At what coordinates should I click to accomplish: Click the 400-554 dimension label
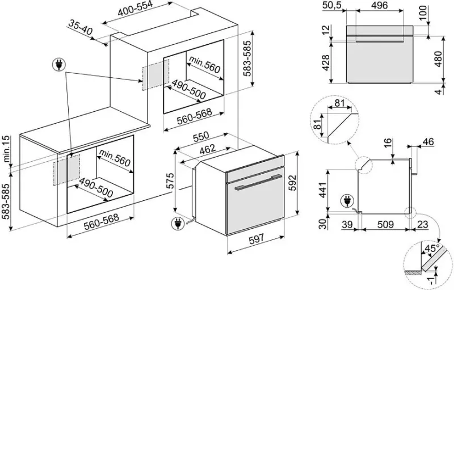tap(135, 9)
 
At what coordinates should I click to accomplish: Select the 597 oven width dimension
tap(257, 238)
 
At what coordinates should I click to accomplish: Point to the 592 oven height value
tap(293, 183)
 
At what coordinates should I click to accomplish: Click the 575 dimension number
tap(171, 180)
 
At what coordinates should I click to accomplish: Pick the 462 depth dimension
tap(208, 149)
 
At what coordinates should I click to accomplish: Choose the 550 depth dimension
tap(201, 137)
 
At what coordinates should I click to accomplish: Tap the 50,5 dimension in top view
tap(332, 5)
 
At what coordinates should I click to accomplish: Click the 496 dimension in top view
tap(379, 5)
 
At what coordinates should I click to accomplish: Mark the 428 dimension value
tap(326, 62)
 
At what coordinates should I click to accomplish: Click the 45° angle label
tap(432, 249)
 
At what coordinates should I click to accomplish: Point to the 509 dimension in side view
tap(385, 224)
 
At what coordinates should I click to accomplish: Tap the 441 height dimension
tap(323, 191)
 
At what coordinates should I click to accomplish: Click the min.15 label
tap(6, 149)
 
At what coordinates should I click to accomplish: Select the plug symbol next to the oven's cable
tap(178, 224)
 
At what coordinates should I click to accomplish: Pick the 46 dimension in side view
tap(428, 141)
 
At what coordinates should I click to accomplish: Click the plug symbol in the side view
tap(347, 201)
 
